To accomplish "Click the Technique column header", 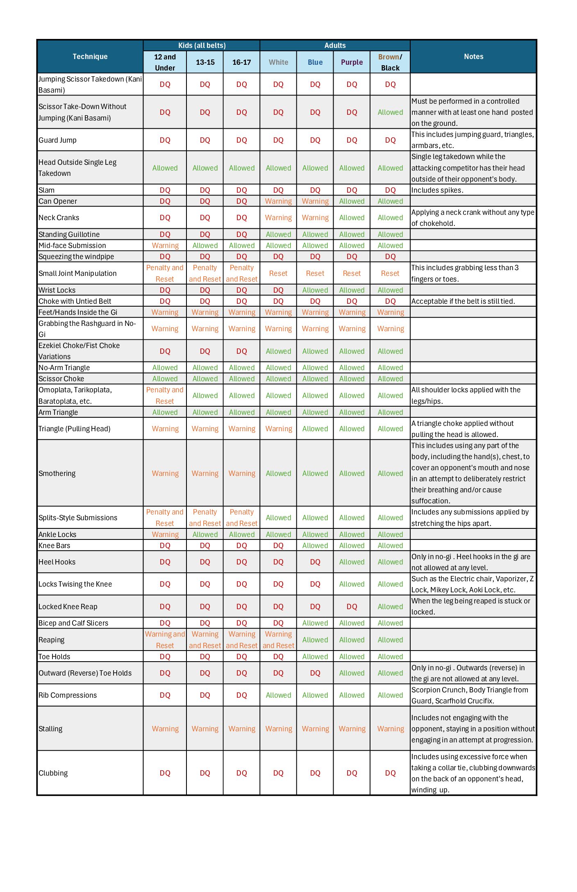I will coord(90,57).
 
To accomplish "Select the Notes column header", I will coord(473,57).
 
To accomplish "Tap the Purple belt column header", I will coord(352,62).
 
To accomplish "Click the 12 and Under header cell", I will coord(165,62).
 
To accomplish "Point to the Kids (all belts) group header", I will coord(202,46).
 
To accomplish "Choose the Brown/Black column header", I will coord(390,62).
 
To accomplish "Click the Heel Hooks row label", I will coord(57,562).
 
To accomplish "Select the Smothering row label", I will coord(57,473).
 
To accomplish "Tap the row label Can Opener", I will coord(58,201).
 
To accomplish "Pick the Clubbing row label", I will coord(53,773).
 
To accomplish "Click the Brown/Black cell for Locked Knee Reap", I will coord(390,607).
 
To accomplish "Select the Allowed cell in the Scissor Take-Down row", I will coord(390,112).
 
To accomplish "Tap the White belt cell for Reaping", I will coord(278,640).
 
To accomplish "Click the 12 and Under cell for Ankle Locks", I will coord(165,535).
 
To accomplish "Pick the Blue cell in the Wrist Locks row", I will coord(315,290).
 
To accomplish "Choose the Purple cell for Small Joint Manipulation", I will coord(352,273).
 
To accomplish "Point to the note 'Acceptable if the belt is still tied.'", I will coord(463,301).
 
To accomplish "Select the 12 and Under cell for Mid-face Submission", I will coord(165,246).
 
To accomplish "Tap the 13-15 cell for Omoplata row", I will coord(205,396).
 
